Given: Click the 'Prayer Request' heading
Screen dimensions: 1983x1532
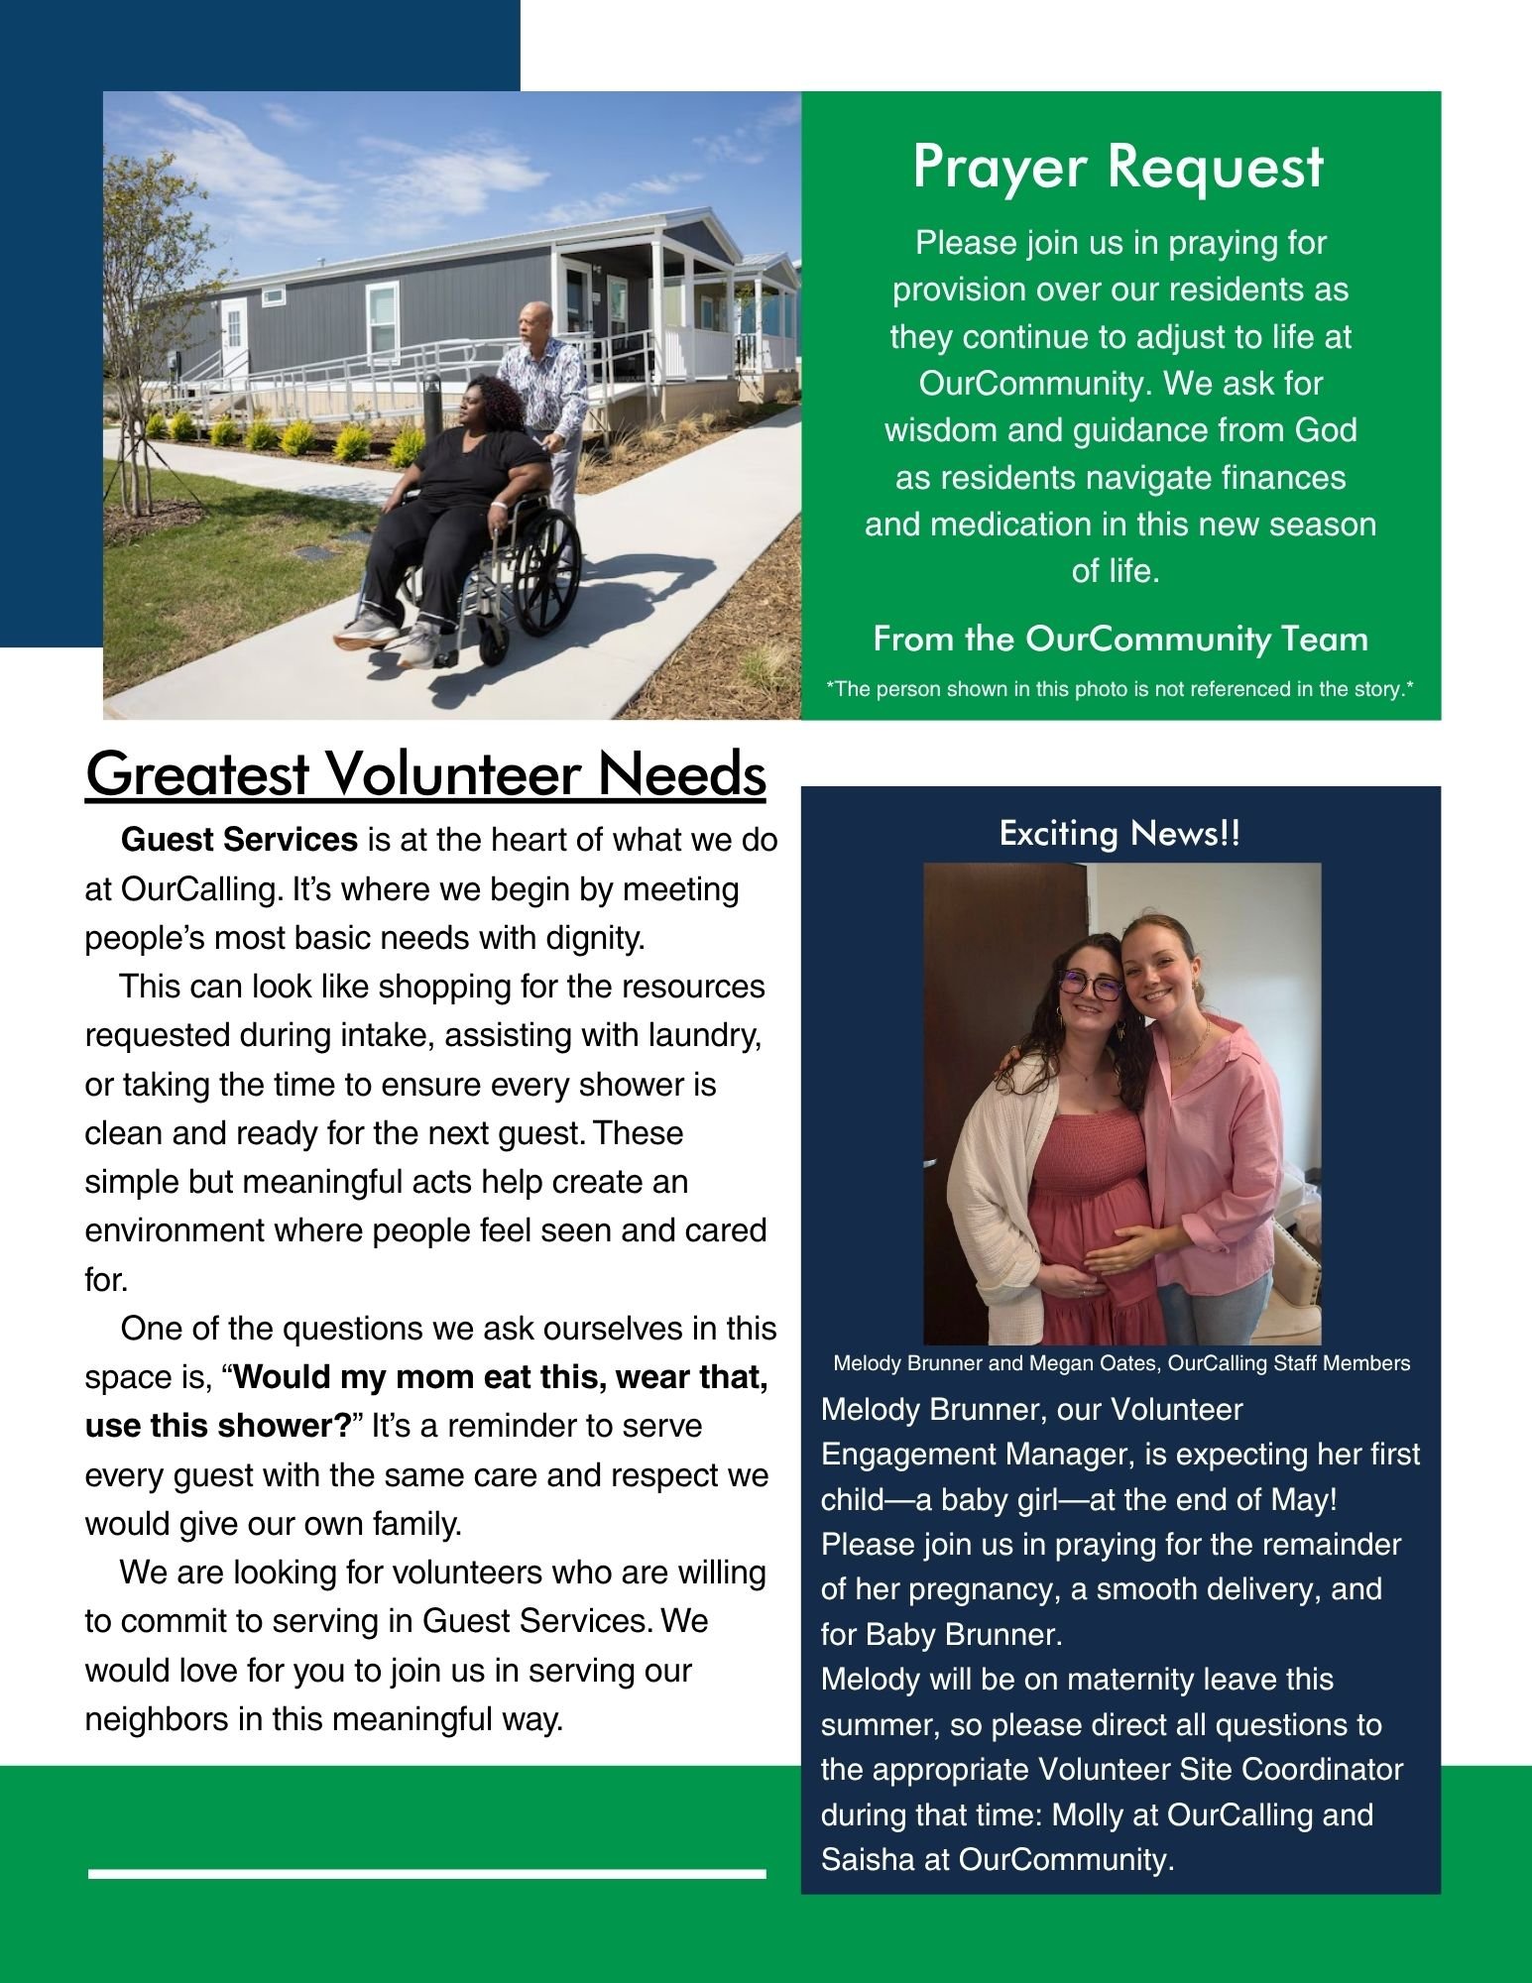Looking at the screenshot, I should coord(1118,167).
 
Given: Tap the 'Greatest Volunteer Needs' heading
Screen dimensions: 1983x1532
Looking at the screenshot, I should coord(425,774).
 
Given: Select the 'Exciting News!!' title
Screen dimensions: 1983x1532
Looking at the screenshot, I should coord(1120,834).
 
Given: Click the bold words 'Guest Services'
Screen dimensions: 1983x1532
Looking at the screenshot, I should coord(239,840).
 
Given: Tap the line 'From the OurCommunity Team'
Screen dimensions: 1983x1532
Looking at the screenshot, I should coord(1120,639).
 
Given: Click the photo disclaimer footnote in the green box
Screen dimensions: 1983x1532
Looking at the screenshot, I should coord(1120,689).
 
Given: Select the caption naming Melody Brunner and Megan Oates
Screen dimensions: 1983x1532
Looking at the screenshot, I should coord(1120,1363).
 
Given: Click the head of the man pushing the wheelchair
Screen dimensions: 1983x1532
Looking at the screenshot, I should coord(533,319).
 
